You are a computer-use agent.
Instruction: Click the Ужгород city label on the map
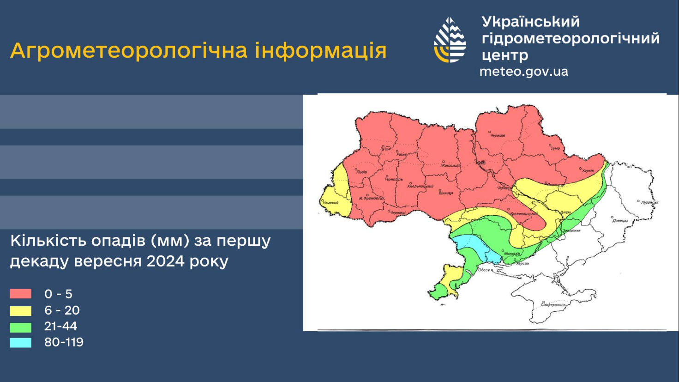pos(330,203)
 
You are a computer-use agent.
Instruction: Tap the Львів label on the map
pos(362,172)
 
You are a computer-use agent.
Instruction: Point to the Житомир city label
pos(450,165)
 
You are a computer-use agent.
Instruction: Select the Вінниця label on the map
pos(445,193)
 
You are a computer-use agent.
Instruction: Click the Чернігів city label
pos(498,135)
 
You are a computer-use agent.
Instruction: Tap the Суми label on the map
pos(555,148)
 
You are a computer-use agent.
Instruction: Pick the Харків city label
pos(588,171)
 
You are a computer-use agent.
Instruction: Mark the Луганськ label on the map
pos(649,202)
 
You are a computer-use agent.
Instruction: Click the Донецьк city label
pos(620,220)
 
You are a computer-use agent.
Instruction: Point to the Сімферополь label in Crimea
pos(553,305)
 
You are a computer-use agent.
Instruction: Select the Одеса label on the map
pos(483,270)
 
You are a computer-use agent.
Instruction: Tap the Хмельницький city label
pos(420,186)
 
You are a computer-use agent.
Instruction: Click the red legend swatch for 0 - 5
pos(21,294)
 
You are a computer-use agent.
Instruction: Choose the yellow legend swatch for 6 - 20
pos(21,310)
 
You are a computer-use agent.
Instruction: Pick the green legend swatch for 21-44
pos(21,327)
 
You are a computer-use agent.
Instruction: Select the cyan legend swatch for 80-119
pos(21,343)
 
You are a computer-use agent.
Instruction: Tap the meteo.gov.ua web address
pos(523,72)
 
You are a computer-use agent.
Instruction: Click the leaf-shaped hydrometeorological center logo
pos(450,40)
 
